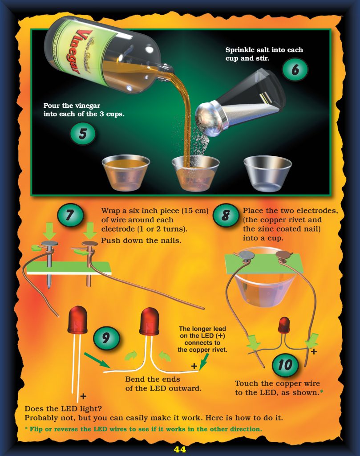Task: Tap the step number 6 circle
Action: pos(295,69)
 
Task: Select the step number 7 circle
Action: pos(70,216)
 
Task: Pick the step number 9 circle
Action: pos(106,338)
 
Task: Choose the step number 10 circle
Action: pos(285,365)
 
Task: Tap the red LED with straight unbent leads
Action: pos(77,321)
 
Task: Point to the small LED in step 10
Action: pos(284,326)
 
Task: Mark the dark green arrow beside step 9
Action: pos(95,360)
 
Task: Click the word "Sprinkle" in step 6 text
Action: pos(241,50)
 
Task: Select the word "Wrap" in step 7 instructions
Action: pos(110,211)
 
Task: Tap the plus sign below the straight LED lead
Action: pos(83,396)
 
